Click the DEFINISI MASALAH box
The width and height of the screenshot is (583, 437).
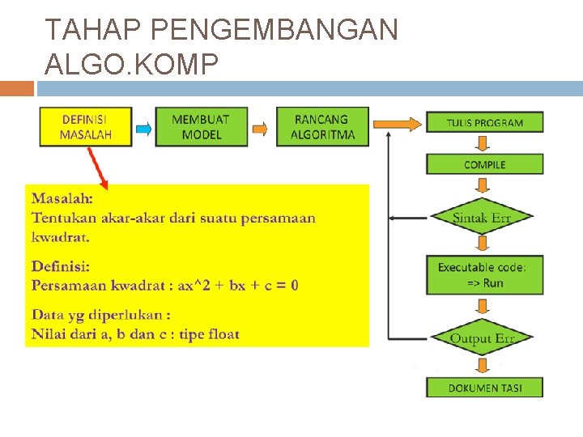tap(86, 127)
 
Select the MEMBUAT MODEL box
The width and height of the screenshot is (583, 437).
tap(202, 127)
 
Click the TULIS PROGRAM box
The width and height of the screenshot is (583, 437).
tap(484, 123)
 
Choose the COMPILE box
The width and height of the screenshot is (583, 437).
tap(484, 164)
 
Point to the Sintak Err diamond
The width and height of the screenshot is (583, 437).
tap(483, 217)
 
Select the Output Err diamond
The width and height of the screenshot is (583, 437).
tap(483, 337)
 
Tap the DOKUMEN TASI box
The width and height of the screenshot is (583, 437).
tap(484, 388)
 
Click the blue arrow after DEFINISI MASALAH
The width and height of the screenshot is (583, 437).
tap(144, 128)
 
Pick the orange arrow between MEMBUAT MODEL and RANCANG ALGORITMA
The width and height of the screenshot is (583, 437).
tap(260, 128)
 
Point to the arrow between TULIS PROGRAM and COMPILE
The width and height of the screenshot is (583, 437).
tap(484, 144)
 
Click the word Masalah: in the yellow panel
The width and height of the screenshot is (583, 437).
tap(62, 197)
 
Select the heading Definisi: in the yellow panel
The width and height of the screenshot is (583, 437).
tap(61, 265)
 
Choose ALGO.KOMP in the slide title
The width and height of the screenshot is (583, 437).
tap(132, 64)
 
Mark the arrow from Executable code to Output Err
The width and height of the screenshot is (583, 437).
tap(484, 307)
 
